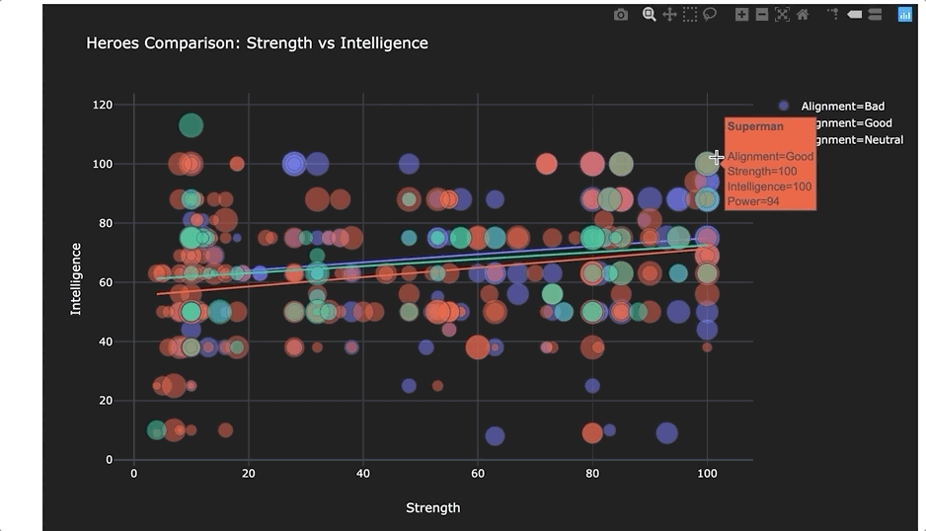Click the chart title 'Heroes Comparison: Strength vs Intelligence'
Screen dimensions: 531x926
[257, 43]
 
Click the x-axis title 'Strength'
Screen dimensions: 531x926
[432, 507]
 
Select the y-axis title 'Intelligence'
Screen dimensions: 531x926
[76, 278]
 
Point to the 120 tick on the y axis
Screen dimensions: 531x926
[102, 105]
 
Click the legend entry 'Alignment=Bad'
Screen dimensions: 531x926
[842, 106]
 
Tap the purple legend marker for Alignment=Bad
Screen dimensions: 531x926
[784, 106]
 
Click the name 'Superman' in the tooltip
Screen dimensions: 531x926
[755, 126]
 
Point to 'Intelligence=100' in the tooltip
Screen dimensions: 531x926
[769, 187]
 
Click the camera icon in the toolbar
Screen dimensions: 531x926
[620, 15]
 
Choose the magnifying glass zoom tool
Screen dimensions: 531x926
[649, 15]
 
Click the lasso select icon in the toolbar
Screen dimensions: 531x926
[710, 15]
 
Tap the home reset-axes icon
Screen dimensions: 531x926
[803, 15]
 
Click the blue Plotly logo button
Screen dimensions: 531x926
[904, 15]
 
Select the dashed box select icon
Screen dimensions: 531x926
[690, 15]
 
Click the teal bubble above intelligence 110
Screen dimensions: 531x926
[191, 125]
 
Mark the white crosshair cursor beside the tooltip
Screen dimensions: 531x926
[718, 158]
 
